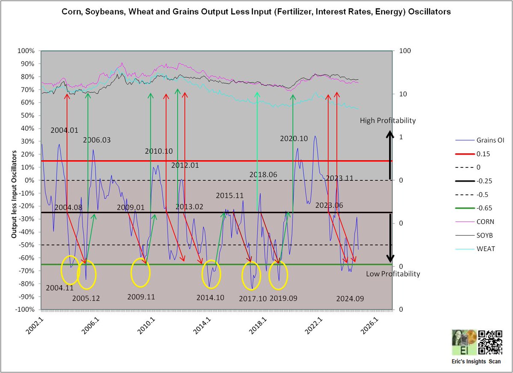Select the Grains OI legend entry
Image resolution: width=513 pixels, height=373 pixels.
coord(479,140)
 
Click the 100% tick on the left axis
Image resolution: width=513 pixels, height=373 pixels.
coord(27,51)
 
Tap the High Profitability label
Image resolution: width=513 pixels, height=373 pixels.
coord(387,121)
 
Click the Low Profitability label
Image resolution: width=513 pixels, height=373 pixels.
coord(393,274)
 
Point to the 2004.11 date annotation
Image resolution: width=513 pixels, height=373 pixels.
coord(60,288)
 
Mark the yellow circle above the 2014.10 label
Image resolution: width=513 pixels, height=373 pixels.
coord(211,274)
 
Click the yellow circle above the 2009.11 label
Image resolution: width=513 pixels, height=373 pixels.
coord(141,273)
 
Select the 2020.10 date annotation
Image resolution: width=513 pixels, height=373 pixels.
coord(295,139)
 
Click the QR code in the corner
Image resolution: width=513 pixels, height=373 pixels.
coord(490,343)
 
